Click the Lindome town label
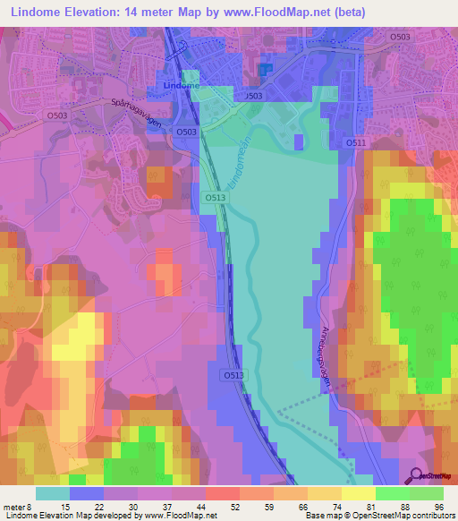coord(182,85)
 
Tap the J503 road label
coord(253,96)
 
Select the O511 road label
coord(356,142)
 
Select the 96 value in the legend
coord(437,507)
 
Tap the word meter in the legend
coord(16,507)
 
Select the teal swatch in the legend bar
coord(53,493)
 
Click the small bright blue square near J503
coord(265,69)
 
